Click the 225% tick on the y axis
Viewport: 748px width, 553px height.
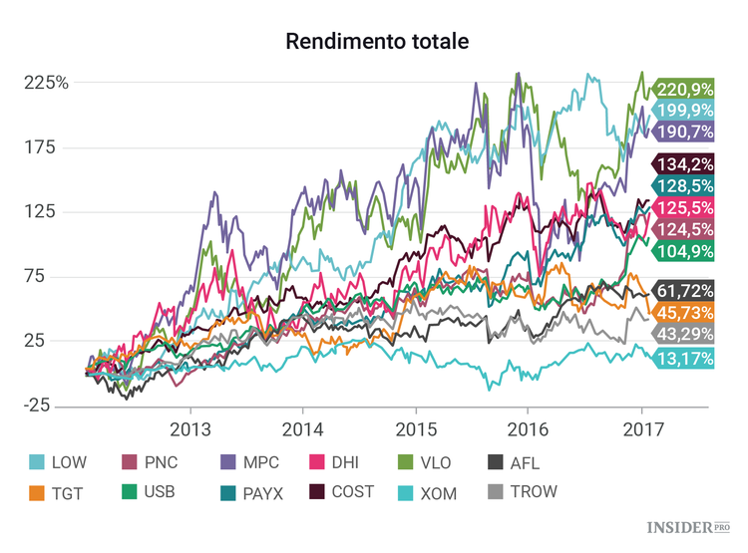coord(47,83)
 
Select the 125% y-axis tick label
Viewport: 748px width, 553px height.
coord(47,212)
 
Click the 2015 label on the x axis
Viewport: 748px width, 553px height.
coord(414,429)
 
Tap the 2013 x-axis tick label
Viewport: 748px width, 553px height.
coord(189,429)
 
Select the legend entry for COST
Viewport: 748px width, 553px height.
coord(349,490)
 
